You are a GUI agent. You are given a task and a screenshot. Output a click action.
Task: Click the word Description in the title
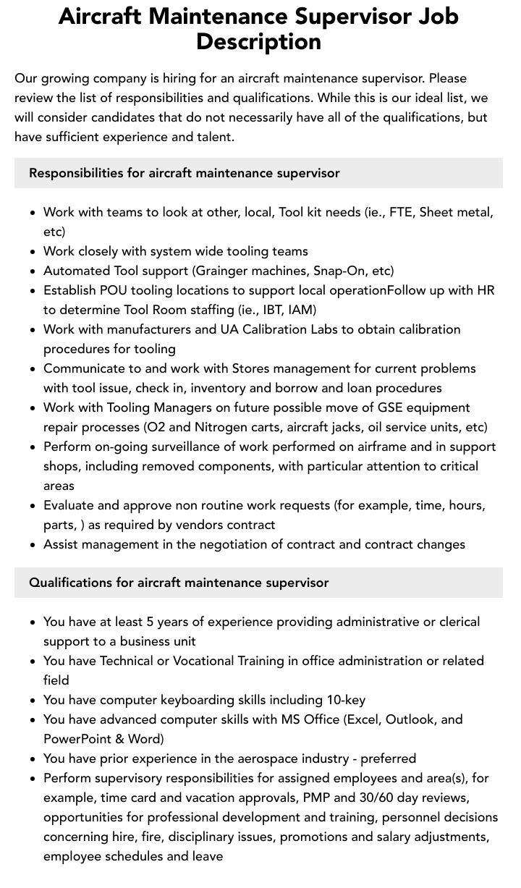pyautogui.click(x=258, y=41)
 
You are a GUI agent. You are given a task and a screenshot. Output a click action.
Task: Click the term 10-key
pyautogui.click(x=346, y=700)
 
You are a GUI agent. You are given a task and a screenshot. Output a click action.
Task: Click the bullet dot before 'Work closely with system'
pyautogui.click(x=33, y=252)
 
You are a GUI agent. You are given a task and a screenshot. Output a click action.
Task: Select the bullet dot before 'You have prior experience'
pyautogui.click(x=33, y=759)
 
